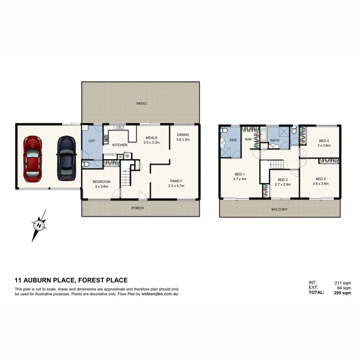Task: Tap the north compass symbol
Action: [39, 224]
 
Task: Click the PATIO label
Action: [141, 104]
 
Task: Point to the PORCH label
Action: [138, 208]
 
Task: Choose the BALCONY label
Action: [280, 209]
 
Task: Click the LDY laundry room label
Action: [92, 141]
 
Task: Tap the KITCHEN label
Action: [120, 145]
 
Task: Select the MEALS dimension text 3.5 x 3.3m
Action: [152, 143]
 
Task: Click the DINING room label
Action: [183, 135]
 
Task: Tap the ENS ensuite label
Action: [233, 140]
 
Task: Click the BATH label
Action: [275, 141]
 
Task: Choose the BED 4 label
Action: [324, 141]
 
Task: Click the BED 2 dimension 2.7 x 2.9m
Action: [282, 185]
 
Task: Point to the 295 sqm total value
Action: [342, 293]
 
